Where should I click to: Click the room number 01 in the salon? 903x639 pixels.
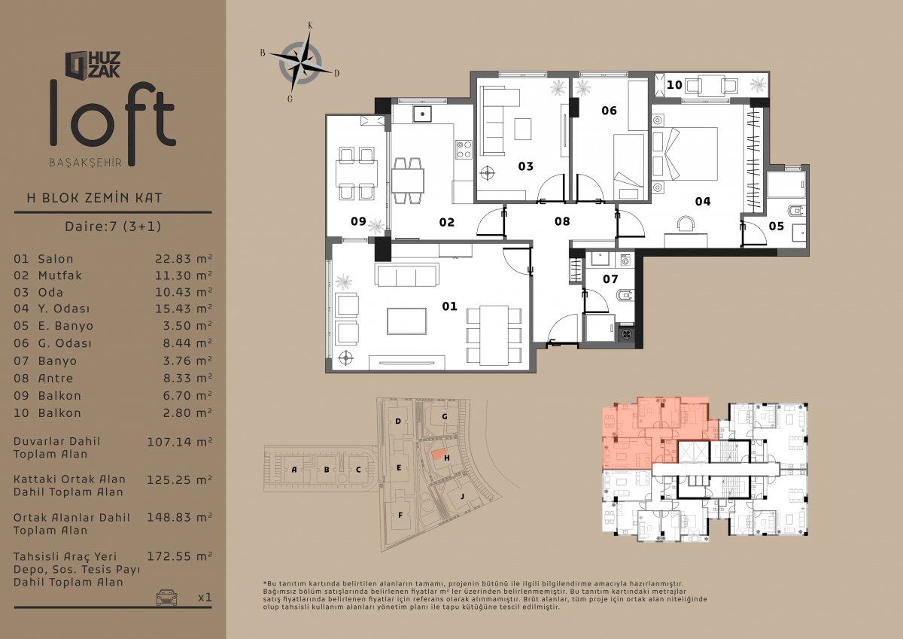point(449,306)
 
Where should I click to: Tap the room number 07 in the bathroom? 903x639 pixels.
point(610,279)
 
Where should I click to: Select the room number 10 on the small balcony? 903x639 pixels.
point(674,85)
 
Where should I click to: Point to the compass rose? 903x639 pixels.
point(301,62)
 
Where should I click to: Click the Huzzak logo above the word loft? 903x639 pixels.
point(93,65)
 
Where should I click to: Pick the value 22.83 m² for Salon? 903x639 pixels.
point(184,258)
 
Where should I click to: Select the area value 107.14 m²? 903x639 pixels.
point(179,442)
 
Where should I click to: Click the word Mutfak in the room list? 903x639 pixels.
point(59,275)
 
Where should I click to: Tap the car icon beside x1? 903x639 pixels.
point(166,597)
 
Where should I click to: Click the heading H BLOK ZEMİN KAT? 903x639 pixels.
point(94,198)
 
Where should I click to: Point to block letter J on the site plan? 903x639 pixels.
point(463,496)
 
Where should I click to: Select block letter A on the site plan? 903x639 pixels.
point(294,470)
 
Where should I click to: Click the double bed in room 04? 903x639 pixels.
point(686,154)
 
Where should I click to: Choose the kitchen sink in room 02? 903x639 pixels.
point(422,114)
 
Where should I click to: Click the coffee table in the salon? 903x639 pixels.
point(407,321)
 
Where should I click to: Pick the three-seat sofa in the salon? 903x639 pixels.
point(407,275)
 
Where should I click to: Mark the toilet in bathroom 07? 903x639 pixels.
point(626,296)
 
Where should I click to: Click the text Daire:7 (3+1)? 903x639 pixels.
point(114,227)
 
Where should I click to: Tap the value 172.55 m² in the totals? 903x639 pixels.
point(179,557)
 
